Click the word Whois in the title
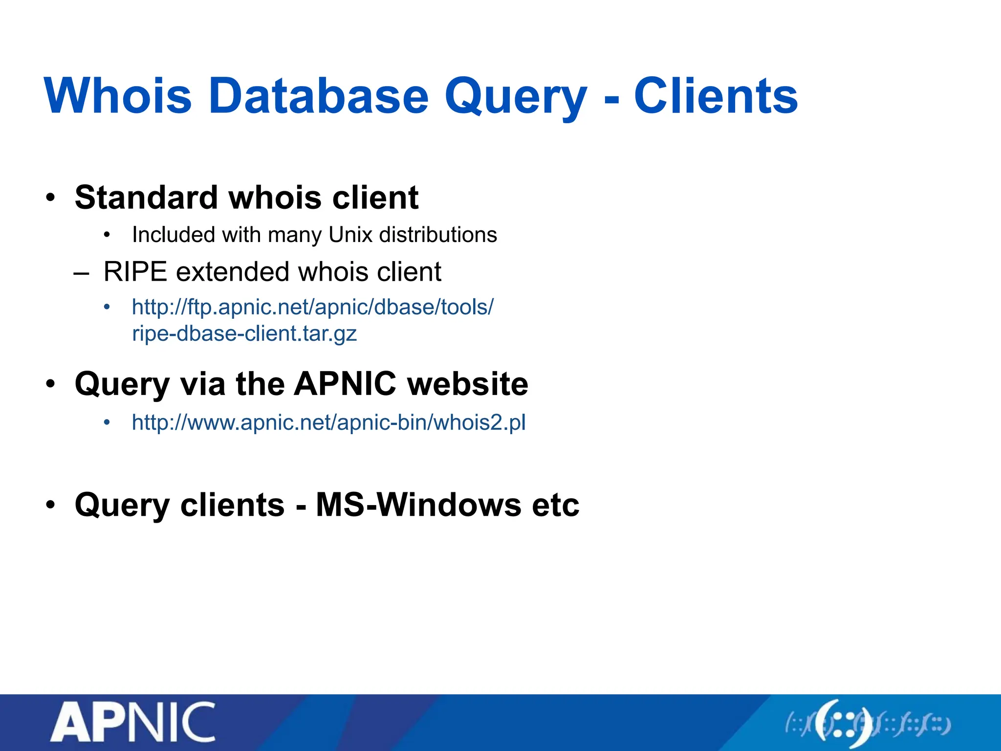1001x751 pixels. pyautogui.click(x=118, y=96)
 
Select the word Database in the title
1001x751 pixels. pyautogui.click(x=318, y=96)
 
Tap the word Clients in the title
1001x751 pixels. pyautogui.click(x=716, y=96)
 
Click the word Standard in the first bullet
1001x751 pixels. pyautogui.click(x=146, y=198)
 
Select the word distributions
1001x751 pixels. pyautogui.click(x=438, y=235)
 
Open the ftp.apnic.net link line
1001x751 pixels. pyautogui.click(x=313, y=308)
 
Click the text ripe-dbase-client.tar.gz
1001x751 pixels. pyautogui.click(x=244, y=334)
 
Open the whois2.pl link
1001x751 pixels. pyautogui.click(x=328, y=422)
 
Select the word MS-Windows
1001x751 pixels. pyautogui.click(x=418, y=505)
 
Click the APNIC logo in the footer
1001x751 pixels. pyautogui.click(x=133, y=722)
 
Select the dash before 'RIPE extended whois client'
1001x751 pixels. pyautogui.click(x=81, y=273)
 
